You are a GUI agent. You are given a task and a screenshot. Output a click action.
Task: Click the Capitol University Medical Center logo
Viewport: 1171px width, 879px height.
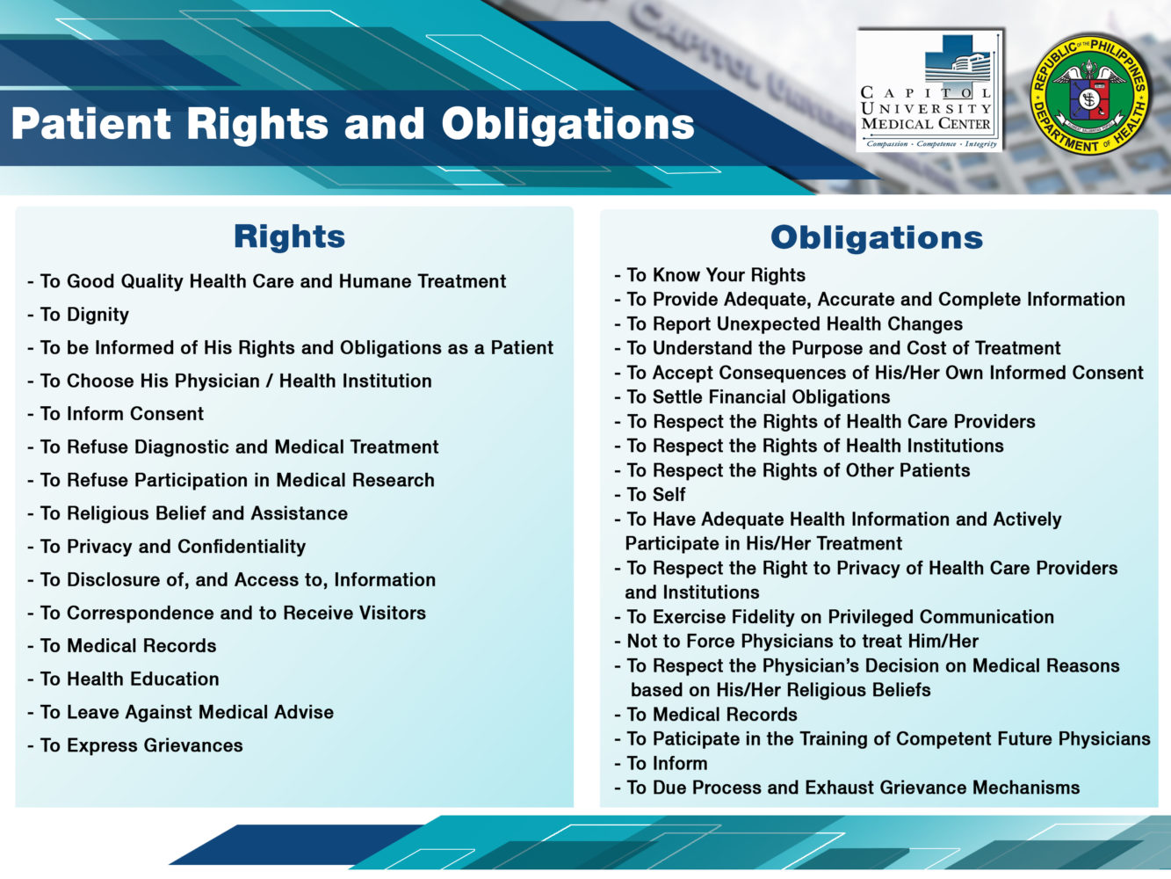point(929,91)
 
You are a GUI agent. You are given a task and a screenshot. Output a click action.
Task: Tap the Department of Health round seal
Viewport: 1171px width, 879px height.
point(1090,94)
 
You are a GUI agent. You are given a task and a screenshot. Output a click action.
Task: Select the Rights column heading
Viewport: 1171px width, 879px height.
point(289,236)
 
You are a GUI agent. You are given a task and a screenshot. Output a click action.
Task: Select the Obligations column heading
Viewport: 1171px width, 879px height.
point(876,237)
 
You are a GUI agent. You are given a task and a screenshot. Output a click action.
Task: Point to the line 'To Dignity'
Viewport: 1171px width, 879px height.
point(84,315)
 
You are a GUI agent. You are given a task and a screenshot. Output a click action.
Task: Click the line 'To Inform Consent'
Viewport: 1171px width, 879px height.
point(121,414)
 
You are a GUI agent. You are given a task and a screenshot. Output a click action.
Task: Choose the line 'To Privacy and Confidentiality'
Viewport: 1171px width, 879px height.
point(172,547)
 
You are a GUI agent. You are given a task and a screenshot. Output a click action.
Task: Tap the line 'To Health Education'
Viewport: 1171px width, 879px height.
point(129,679)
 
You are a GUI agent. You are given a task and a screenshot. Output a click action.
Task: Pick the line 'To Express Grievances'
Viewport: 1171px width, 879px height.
point(141,745)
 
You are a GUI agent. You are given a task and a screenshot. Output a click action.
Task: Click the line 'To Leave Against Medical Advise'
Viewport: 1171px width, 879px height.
point(186,712)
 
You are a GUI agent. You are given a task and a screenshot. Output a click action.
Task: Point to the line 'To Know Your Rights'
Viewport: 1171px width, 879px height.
point(715,275)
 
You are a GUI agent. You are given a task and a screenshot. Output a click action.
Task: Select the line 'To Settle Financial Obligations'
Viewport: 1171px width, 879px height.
point(757,397)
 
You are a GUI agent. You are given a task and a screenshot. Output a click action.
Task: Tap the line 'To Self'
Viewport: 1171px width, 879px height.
point(655,495)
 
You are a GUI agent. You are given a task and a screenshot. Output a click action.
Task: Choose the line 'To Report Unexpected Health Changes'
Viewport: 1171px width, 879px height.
point(794,324)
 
